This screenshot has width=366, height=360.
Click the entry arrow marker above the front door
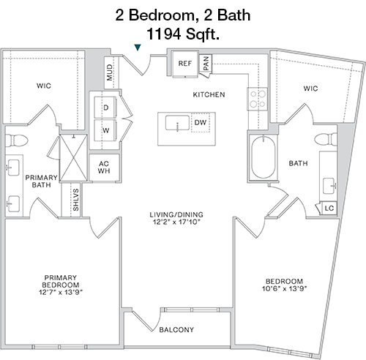coord(138,48)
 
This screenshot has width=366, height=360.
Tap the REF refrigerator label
coord(185,64)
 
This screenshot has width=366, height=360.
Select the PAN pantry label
coord(206,63)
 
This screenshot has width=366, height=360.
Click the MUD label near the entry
coord(110,72)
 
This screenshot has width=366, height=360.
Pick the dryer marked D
coord(105,108)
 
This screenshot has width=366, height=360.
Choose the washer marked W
coord(105,130)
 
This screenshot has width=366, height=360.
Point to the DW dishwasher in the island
coord(201,122)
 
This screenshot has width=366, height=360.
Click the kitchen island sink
coord(177,123)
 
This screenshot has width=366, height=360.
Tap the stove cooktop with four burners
coord(258,99)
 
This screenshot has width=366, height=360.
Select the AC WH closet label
coord(104,167)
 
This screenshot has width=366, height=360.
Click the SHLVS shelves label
coord(76,200)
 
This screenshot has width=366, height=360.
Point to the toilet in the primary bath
coord(17,140)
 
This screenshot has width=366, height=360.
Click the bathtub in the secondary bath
coord(264,157)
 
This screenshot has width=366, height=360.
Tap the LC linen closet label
coord(329,209)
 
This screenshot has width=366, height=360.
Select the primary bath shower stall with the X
coord(73,158)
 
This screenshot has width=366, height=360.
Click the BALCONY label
coord(176,330)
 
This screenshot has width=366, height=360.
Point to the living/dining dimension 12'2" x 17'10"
coord(176,222)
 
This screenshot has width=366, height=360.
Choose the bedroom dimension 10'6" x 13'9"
coord(284,288)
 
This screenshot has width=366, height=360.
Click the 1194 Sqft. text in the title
coord(183,34)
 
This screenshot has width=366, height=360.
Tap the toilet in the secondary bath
coord(326,139)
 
